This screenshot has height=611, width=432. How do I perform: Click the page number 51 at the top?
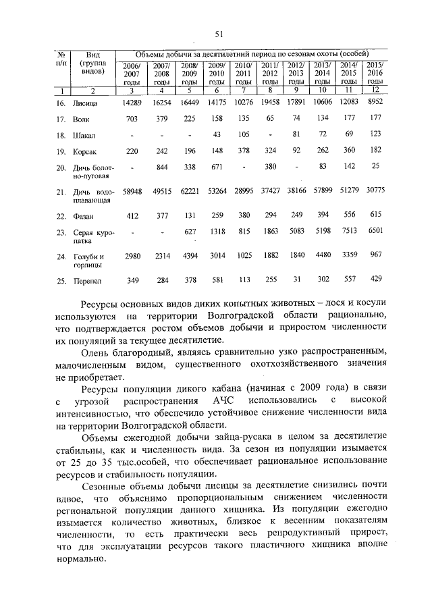pos(219,34)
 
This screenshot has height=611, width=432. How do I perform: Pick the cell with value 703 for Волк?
pos(132,118)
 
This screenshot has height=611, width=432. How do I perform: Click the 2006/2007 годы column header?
pos(132,72)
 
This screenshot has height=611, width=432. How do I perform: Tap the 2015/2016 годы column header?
pos(375,72)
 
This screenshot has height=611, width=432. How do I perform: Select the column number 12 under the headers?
pos(375,89)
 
